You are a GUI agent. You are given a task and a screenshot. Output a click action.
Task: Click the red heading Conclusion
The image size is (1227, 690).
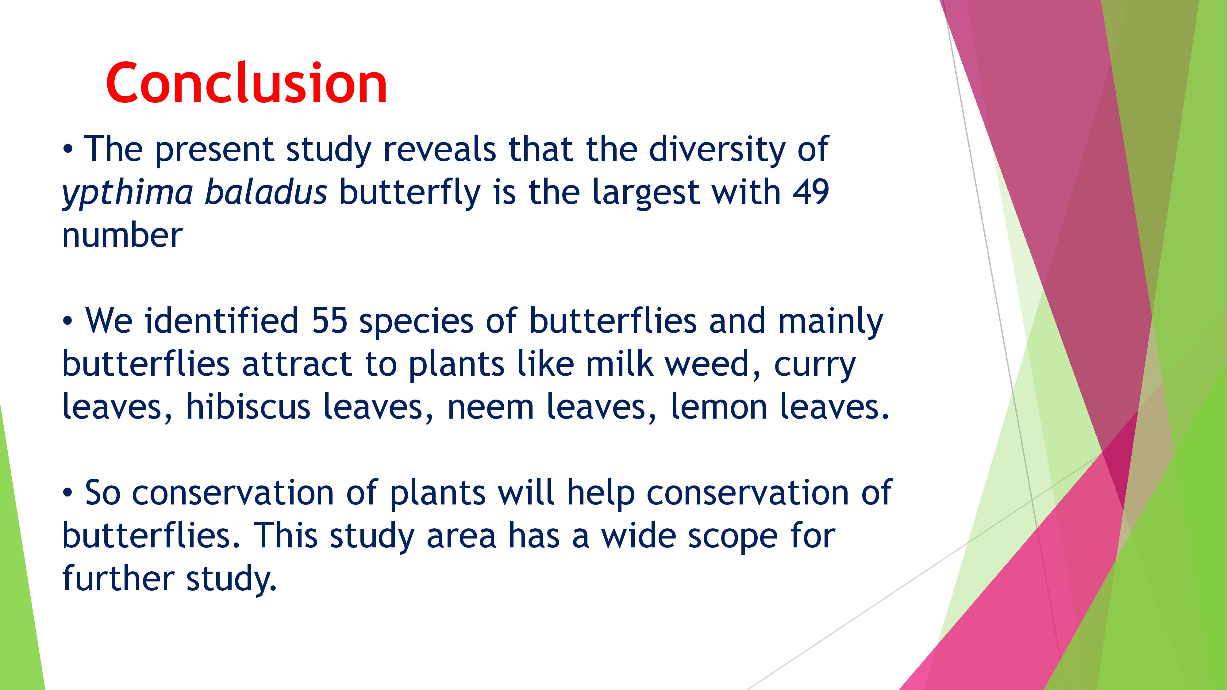pyautogui.click(x=246, y=83)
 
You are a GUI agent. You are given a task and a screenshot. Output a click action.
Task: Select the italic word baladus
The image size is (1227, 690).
pyautogui.click(x=266, y=192)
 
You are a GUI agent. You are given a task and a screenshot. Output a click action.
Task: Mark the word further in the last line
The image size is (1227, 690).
pyautogui.click(x=118, y=578)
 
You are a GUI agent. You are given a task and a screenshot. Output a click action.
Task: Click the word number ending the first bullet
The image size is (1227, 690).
pyautogui.click(x=122, y=236)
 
